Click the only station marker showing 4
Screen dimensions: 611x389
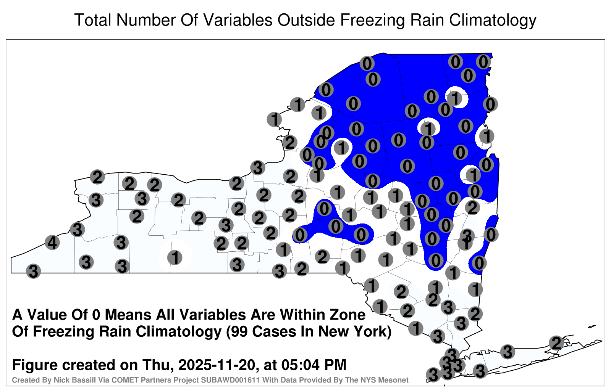52,243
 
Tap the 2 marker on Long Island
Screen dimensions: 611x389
556,343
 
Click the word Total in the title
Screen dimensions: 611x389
93,20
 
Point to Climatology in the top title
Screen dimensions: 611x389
493,21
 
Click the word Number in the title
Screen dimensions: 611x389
146,20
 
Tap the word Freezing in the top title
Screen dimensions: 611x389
370,21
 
